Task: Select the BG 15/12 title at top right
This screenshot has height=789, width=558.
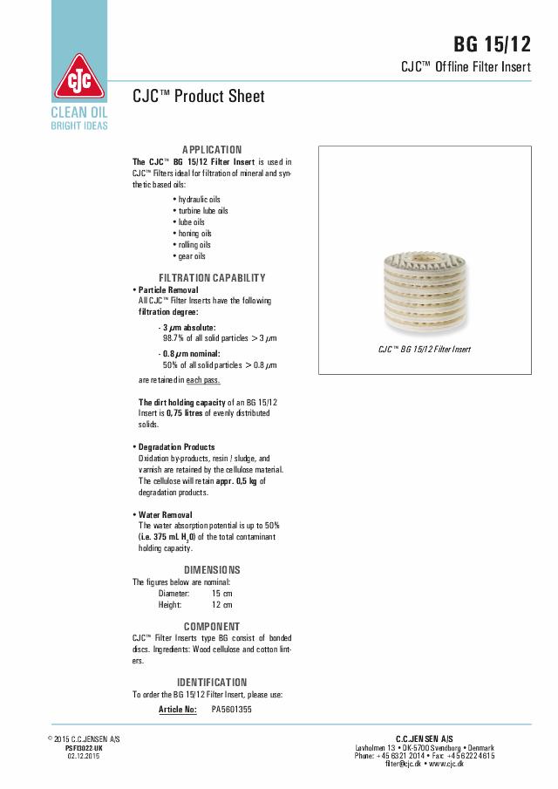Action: tap(492, 45)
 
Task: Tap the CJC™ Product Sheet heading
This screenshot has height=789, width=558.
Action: tap(198, 96)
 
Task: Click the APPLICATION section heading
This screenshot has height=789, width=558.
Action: tap(212, 150)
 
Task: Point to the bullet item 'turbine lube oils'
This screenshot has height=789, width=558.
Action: tap(203, 211)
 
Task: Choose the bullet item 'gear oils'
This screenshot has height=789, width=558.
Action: tap(192, 256)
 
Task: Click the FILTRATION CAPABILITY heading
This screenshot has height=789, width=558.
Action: tap(212, 278)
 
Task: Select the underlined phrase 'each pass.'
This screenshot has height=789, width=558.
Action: tap(203, 380)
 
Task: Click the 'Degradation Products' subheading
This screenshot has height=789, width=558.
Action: tap(177, 447)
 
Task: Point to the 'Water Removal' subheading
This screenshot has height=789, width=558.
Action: tap(166, 515)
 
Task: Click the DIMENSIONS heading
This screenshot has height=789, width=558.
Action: tap(212, 570)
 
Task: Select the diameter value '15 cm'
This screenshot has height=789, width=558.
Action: tap(221, 593)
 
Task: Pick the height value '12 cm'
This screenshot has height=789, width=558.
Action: tap(221, 604)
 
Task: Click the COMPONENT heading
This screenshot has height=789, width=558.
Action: tap(212, 627)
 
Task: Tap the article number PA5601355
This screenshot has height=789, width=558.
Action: tap(232, 710)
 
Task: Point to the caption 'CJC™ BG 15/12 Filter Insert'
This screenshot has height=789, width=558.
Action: tap(425, 349)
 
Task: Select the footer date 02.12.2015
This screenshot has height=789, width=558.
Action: tap(84, 755)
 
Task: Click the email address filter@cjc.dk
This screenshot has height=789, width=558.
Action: tap(405, 764)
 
